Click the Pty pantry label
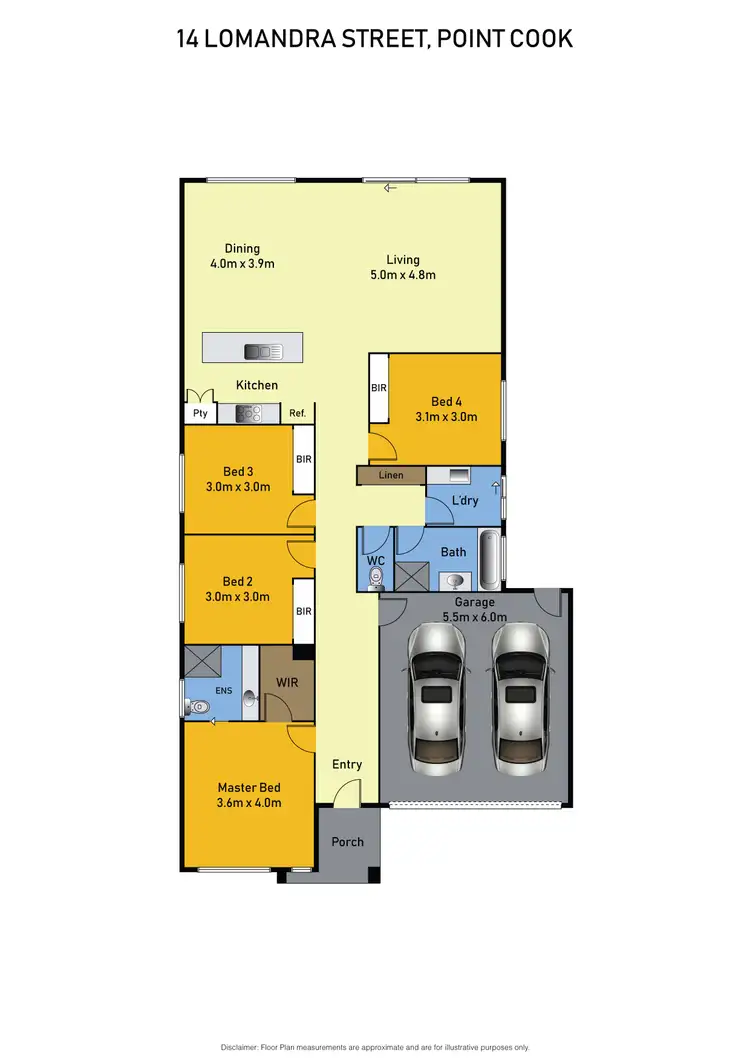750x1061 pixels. (199, 413)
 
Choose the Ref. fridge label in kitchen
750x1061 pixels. (298, 413)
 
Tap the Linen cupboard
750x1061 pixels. (391, 475)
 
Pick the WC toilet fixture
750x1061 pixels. (376, 577)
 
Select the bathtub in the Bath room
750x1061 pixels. (489, 560)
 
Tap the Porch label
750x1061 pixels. (348, 841)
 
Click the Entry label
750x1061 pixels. (347, 764)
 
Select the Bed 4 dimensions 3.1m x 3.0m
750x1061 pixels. (446, 417)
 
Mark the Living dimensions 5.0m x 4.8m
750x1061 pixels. (404, 275)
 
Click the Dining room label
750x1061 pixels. (242, 249)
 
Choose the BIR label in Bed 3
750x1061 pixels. (304, 460)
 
